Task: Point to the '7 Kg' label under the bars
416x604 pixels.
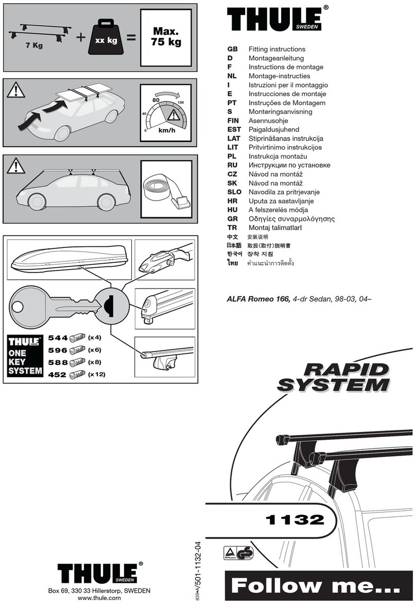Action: pyautogui.click(x=34, y=45)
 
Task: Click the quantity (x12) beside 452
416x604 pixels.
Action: pyautogui.click(x=96, y=375)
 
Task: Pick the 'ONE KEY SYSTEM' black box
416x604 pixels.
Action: pyautogui.click(x=25, y=356)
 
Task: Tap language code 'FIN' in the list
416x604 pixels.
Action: pyautogui.click(x=233, y=121)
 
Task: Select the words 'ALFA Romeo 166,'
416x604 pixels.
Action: pyautogui.click(x=258, y=299)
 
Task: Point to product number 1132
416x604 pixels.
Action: pyautogui.click(x=294, y=519)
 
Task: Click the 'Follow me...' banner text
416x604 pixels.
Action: pyautogui.click(x=314, y=585)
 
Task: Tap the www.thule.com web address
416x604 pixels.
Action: pyautogui.click(x=99, y=598)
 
